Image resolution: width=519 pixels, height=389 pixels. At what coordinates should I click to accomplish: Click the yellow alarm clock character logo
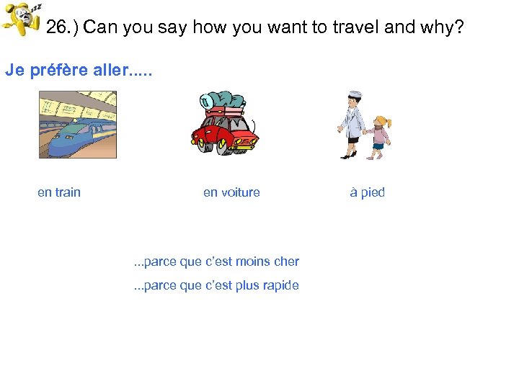click(22, 20)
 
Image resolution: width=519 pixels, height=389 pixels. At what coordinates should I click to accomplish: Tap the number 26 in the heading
click(56, 28)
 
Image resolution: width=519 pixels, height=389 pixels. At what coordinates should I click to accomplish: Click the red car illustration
click(223, 133)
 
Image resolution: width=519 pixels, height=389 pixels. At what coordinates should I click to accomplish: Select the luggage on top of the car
click(225, 103)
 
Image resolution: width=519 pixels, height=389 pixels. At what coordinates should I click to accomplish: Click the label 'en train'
click(59, 192)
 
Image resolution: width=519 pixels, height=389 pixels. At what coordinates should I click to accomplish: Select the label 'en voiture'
click(231, 192)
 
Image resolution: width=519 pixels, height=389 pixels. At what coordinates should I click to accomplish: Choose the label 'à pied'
click(368, 192)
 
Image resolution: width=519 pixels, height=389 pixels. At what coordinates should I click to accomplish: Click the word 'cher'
click(286, 261)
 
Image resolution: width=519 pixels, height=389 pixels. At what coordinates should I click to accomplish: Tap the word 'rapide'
click(281, 285)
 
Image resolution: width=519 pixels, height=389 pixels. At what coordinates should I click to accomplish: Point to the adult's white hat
click(354, 95)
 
